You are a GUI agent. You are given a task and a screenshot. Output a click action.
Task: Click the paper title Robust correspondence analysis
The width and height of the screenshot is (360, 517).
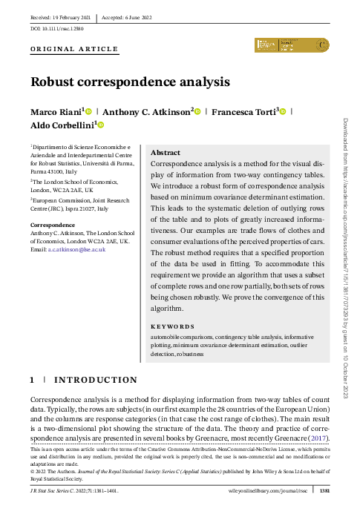(129, 82)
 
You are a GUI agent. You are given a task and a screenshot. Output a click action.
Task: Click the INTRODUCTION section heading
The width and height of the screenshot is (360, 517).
(93, 380)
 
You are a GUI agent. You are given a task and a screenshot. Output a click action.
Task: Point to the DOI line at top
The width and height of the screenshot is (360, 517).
(57, 27)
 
